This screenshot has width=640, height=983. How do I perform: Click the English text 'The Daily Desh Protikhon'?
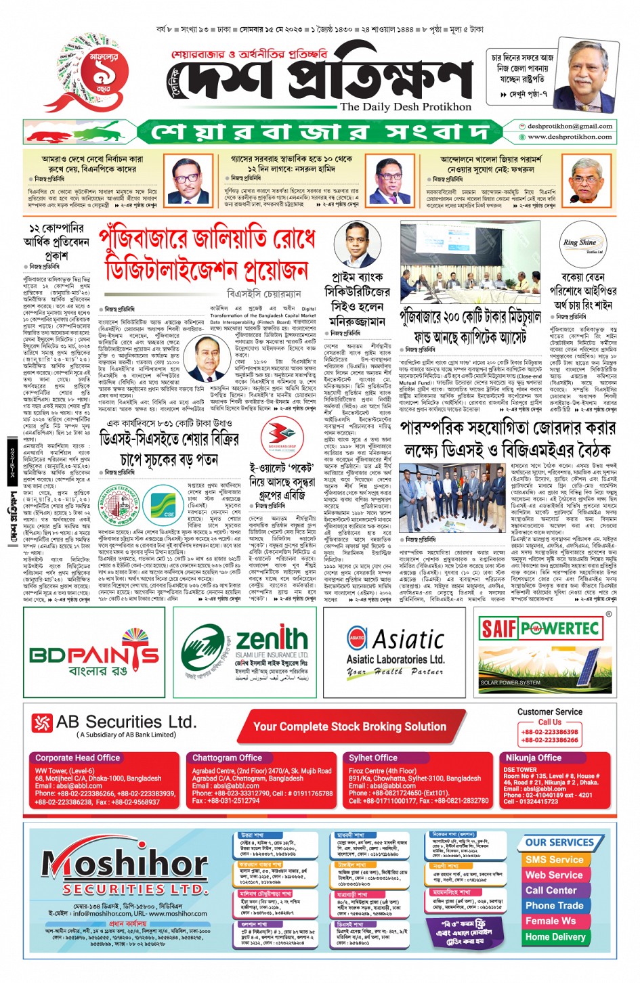tap(406, 106)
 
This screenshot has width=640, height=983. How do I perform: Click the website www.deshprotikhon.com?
tap(570, 137)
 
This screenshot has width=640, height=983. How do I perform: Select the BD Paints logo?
tap(94, 655)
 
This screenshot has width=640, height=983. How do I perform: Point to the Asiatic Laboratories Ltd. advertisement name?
tap(395, 659)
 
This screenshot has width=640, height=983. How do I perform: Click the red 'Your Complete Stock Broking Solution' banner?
tap(349, 726)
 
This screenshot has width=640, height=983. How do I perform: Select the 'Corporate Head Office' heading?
tap(78, 758)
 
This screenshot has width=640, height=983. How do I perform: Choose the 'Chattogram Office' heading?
tap(227, 758)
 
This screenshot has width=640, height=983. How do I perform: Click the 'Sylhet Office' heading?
tap(373, 758)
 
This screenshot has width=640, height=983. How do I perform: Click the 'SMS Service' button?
tap(554, 859)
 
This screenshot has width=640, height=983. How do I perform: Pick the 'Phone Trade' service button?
tap(554, 905)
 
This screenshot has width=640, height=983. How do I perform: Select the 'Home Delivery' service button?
tap(555, 937)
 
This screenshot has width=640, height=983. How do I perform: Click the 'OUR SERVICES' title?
tap(559, 842)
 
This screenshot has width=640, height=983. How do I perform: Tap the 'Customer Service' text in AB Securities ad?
tap(549, 712)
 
